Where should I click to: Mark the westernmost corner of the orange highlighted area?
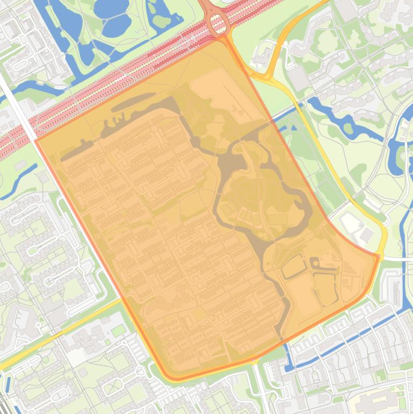click(x=36, y=140)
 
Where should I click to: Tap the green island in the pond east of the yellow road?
click(x=349, y=129)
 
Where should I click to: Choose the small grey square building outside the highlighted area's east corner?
click(x=367, y=235)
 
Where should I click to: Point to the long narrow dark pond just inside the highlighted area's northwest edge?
click(x=129, y=102)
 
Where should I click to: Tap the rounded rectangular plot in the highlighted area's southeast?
click(x=293, y=266)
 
